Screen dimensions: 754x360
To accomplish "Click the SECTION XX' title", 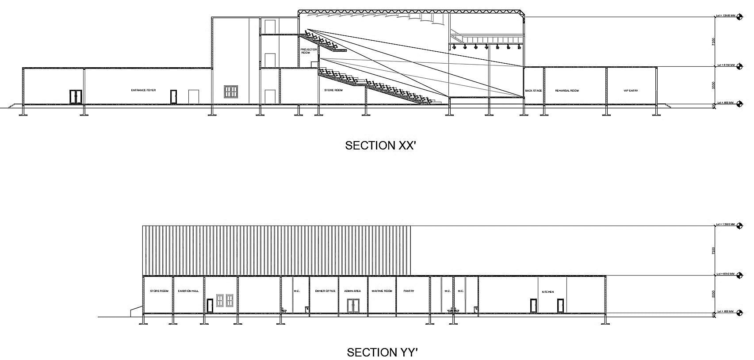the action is [380, 146].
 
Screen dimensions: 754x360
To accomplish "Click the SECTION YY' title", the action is [382, 352].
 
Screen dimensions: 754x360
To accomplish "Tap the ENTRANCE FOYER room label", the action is [143, 90].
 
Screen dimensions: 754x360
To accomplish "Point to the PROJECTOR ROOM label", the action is [309, 51].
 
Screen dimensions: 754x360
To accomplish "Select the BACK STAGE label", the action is [533, 91].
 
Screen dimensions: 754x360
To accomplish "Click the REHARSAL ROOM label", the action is [566, 91].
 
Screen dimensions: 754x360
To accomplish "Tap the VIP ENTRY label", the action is [631, 91].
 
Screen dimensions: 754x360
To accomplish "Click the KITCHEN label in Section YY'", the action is [548, 292].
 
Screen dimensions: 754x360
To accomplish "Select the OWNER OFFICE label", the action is [325, 291].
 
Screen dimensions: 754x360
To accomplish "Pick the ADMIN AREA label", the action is [352, 291].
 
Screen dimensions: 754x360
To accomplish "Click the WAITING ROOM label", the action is [382, 291].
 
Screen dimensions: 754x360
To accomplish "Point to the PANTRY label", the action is [409, 291].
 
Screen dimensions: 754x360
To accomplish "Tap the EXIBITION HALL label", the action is [188, 291].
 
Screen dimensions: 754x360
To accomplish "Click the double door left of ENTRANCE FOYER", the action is [76, 97].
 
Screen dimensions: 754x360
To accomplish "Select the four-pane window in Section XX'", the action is [231, 92].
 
